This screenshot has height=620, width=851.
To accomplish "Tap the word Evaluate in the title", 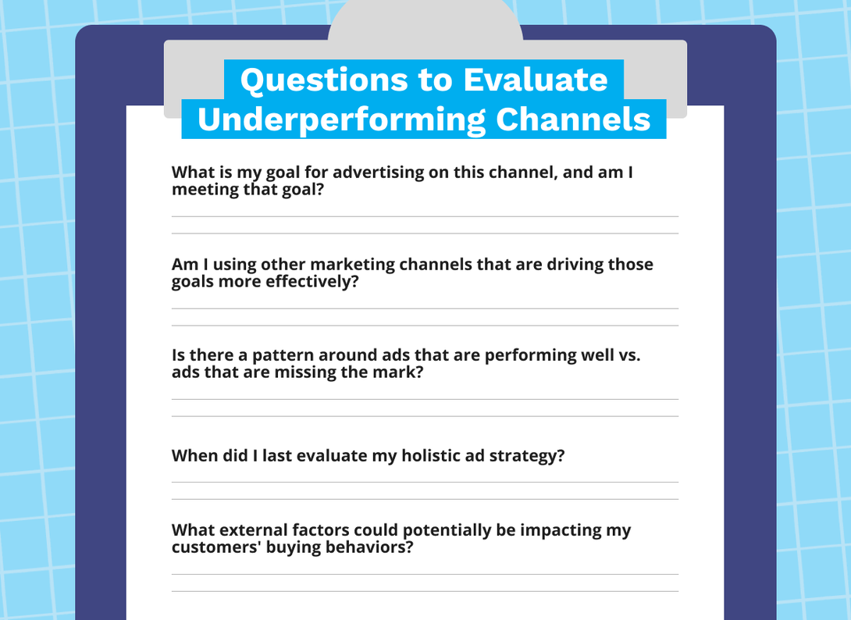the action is click(x=535, y=80).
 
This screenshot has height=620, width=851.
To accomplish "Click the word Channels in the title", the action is click(x=573, y=119).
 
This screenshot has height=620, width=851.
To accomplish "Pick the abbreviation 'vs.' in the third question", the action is click(x=629, y=355).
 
